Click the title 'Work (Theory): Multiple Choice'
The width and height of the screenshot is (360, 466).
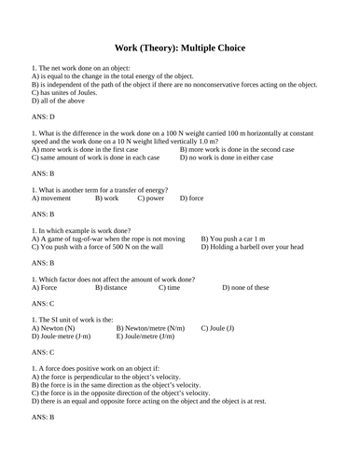[x=179, y=48]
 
